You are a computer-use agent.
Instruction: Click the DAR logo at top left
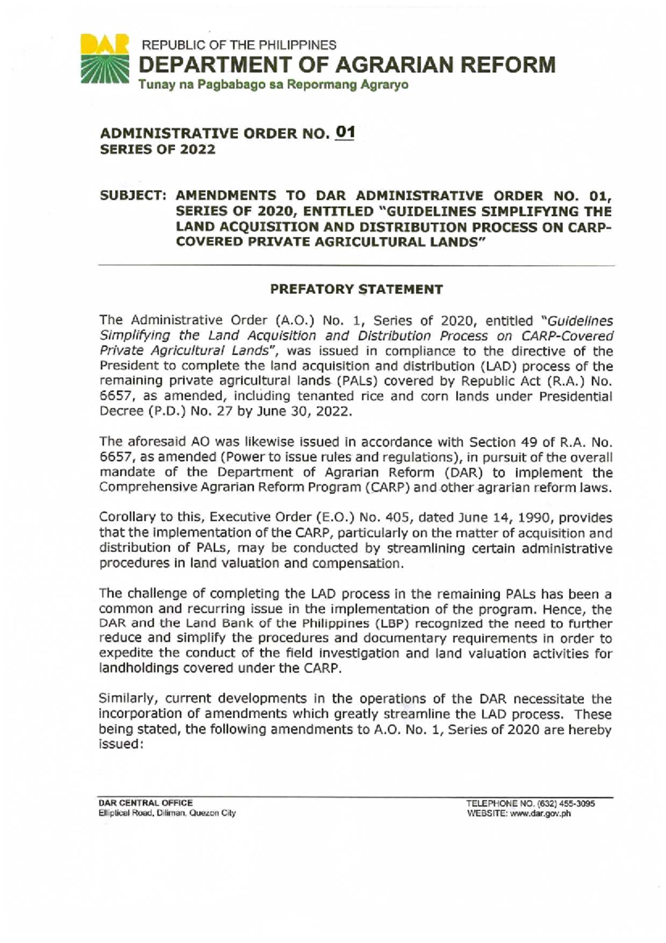coord(105,59)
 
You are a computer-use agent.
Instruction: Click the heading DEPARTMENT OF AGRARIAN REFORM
coord(347,66)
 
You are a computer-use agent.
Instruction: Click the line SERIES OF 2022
coord(157,149)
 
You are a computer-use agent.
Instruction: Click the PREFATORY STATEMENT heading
coord(356,289)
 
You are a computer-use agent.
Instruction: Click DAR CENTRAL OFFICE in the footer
coord(145,802)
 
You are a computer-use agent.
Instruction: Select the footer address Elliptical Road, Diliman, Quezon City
coord(167,813)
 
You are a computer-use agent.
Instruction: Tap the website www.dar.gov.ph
coord(541,814)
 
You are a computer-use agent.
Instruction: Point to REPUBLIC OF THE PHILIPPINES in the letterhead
coord(240,45)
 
